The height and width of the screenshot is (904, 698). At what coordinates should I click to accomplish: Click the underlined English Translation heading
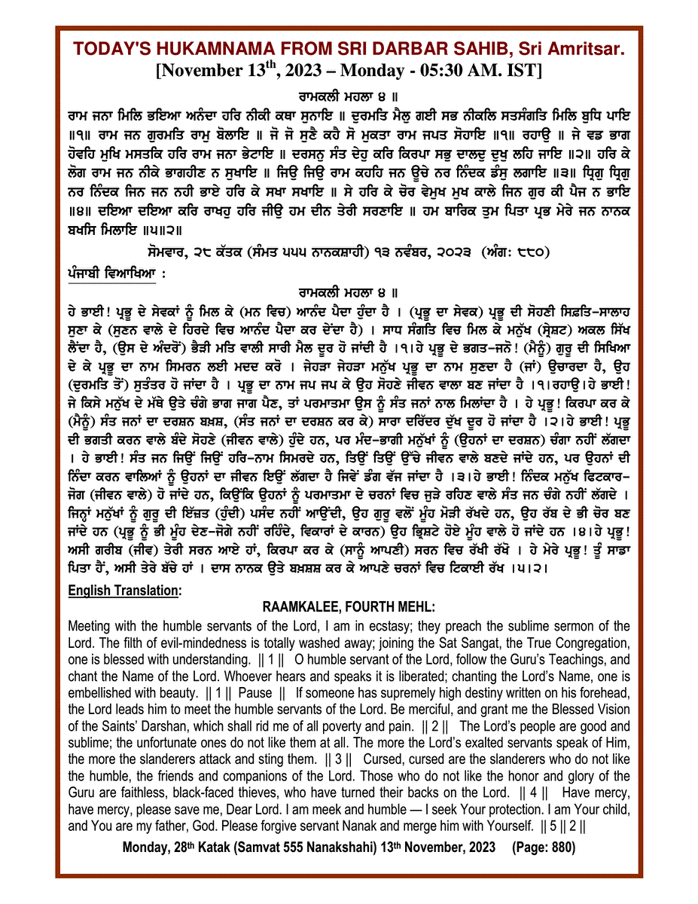123,591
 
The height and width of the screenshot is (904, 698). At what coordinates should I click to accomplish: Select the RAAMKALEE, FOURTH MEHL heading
349,607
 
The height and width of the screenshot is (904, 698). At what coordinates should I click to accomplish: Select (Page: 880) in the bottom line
544,847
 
